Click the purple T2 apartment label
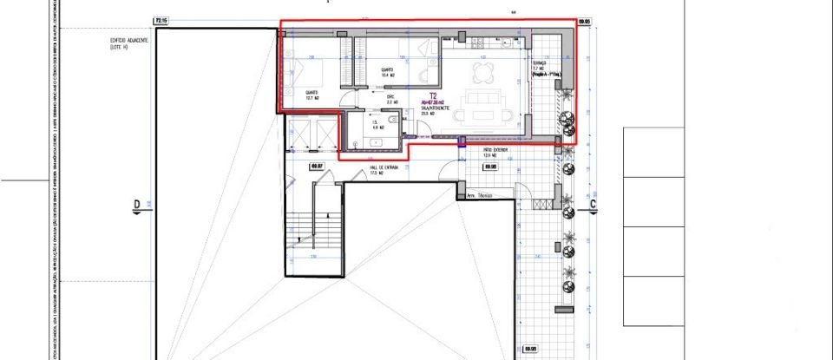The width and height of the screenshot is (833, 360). tap(432, 98)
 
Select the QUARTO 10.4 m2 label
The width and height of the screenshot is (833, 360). tap(386, 73)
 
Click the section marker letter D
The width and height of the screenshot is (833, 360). tap(136, 205)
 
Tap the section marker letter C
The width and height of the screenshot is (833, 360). tap(593, 205)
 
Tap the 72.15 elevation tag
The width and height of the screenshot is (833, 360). tap(161, 19)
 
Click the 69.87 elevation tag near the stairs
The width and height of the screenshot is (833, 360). tap(317, 166)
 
